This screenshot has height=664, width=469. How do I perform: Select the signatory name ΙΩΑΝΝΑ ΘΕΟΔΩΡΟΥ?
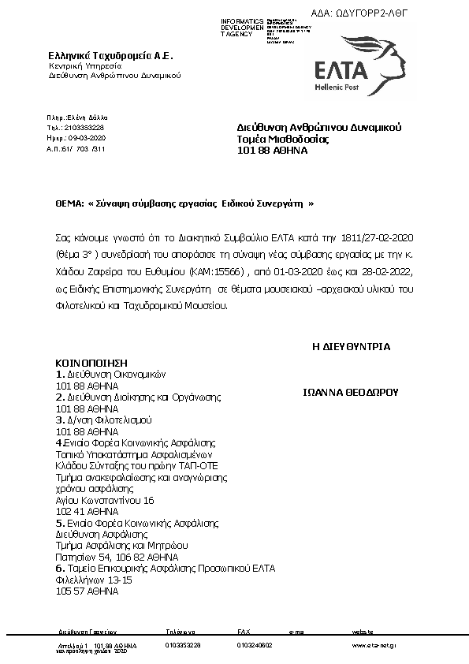click(x=352, y=391)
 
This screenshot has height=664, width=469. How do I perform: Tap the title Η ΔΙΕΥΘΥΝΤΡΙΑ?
click(x=352, y=346)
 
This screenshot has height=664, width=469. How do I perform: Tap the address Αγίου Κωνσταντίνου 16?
click(x=106, y=501)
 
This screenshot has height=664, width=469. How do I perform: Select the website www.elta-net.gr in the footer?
click(x=374, y=645)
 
